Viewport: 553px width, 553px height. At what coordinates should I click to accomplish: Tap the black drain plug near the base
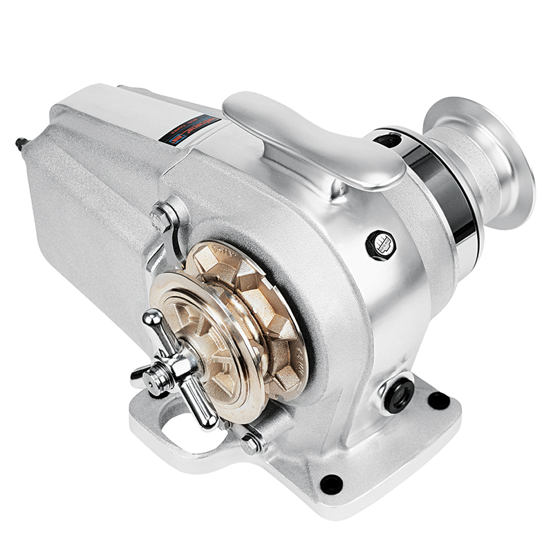tap(400, 394)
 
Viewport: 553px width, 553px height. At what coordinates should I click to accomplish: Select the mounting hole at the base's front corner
tap(331, 483)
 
